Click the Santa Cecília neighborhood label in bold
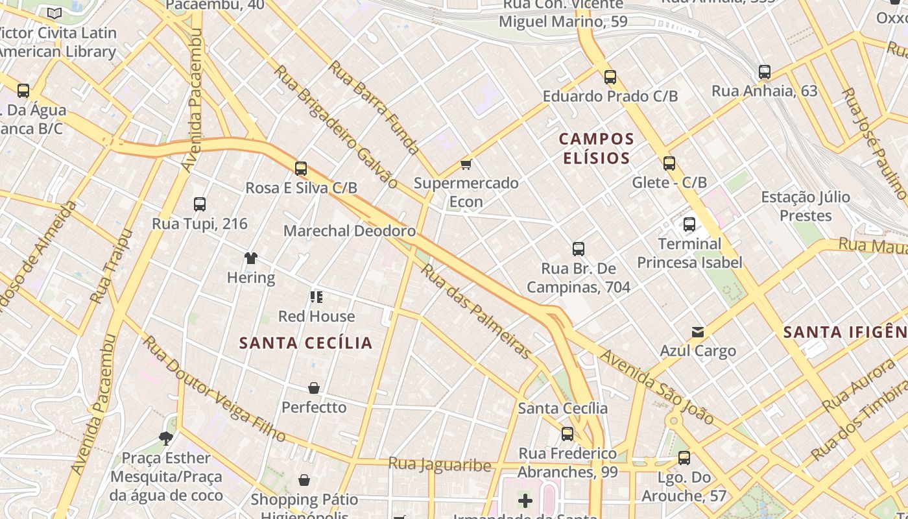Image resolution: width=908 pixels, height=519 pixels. tap(305, 343)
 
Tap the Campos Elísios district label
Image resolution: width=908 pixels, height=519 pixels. tap(596, 149)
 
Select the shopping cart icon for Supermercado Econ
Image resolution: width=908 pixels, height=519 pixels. tap(466, 164)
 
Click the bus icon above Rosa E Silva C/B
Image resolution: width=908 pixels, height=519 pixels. tap(301, 169)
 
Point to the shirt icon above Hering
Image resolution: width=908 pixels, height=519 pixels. tap(251, 258)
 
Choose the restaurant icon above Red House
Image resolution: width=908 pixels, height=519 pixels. tap(317, 297)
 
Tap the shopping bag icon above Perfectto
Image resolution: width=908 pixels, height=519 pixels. tap(314, 388)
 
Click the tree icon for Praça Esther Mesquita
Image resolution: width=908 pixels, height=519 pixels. tap(166, 439)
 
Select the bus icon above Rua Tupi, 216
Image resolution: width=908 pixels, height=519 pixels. tap(200, 204)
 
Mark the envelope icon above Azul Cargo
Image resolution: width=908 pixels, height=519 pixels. tap(698, 332)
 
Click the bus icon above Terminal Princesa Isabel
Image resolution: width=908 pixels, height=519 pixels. tap(689, 225)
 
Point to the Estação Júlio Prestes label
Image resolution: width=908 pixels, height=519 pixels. tap(805, 206)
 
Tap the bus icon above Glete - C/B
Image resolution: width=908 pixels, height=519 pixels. tap(669, 163)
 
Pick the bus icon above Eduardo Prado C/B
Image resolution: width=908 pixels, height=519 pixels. tap(610, 77)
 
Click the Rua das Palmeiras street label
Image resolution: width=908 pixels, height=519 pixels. tap(477, 311)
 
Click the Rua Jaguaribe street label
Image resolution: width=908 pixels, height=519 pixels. tap(440, 465)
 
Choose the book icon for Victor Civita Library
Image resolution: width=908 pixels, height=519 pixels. tap(54, 13)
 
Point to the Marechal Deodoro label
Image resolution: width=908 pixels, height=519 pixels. tap(350, 231)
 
